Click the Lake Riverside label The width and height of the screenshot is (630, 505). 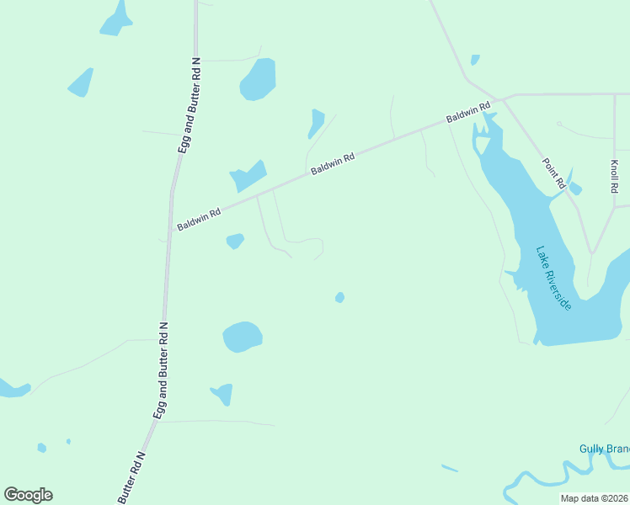coord(554,278)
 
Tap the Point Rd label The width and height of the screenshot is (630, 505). coord(554,173)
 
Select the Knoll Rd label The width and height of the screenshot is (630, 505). coord(615,177)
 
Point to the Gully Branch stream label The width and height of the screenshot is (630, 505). coord(604,449)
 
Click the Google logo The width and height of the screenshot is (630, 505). coord(28,495)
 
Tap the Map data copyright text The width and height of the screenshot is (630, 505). coord(595,498)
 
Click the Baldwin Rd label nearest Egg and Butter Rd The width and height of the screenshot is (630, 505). coord(199,220)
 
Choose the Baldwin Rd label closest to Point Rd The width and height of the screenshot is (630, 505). coord(468,114)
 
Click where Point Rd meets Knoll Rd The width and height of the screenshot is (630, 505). coord(592,252)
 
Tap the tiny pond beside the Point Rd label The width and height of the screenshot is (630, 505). coord(575,189)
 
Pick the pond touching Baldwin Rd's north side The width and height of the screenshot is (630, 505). coord(248,177)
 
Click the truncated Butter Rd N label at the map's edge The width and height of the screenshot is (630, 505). coord(133,478)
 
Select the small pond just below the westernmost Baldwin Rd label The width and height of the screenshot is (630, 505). coord(235,242)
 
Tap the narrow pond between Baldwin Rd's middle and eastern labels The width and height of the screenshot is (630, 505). coord(316,124)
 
